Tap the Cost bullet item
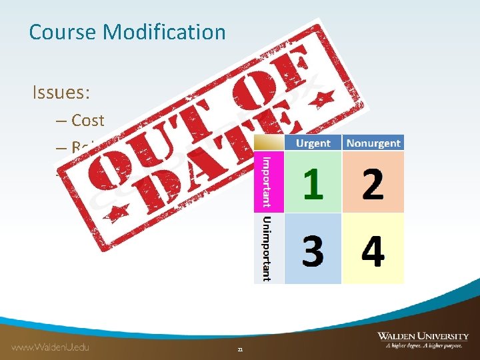88,121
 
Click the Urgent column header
313,143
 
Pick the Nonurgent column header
373,143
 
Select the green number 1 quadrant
313,183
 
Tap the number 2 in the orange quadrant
373,183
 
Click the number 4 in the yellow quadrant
373,251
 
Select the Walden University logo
423,336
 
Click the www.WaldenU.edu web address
50,347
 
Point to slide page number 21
240,349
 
